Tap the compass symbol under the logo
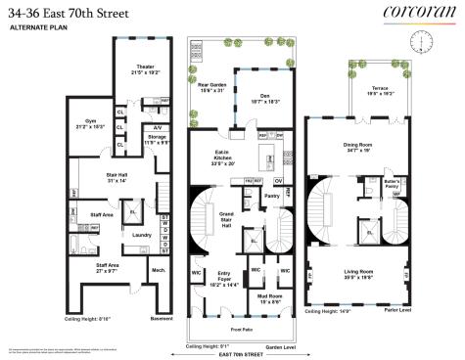tap(423, 41)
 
